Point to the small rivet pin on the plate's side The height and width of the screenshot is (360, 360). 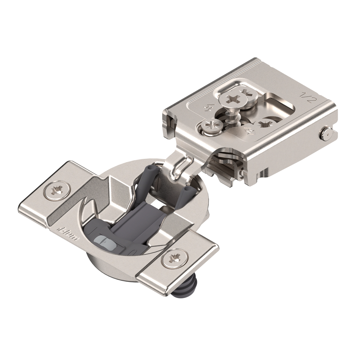326,134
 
